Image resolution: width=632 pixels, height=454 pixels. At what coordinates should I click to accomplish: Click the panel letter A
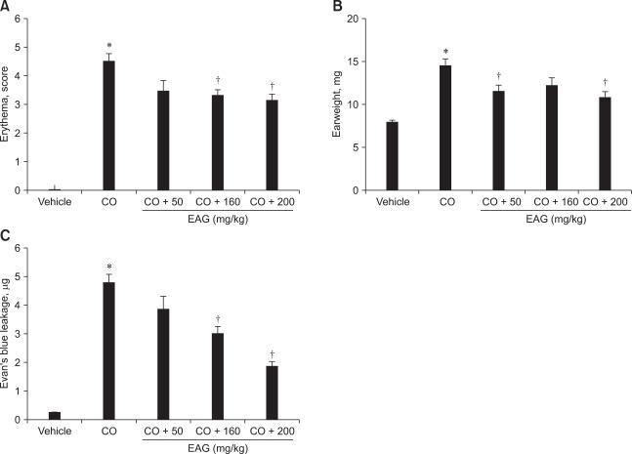tap(5, 7)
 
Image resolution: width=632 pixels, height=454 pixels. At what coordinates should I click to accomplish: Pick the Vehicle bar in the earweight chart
tap(391, 155)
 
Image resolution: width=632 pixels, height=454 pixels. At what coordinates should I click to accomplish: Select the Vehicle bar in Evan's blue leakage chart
tap(55, 415)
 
